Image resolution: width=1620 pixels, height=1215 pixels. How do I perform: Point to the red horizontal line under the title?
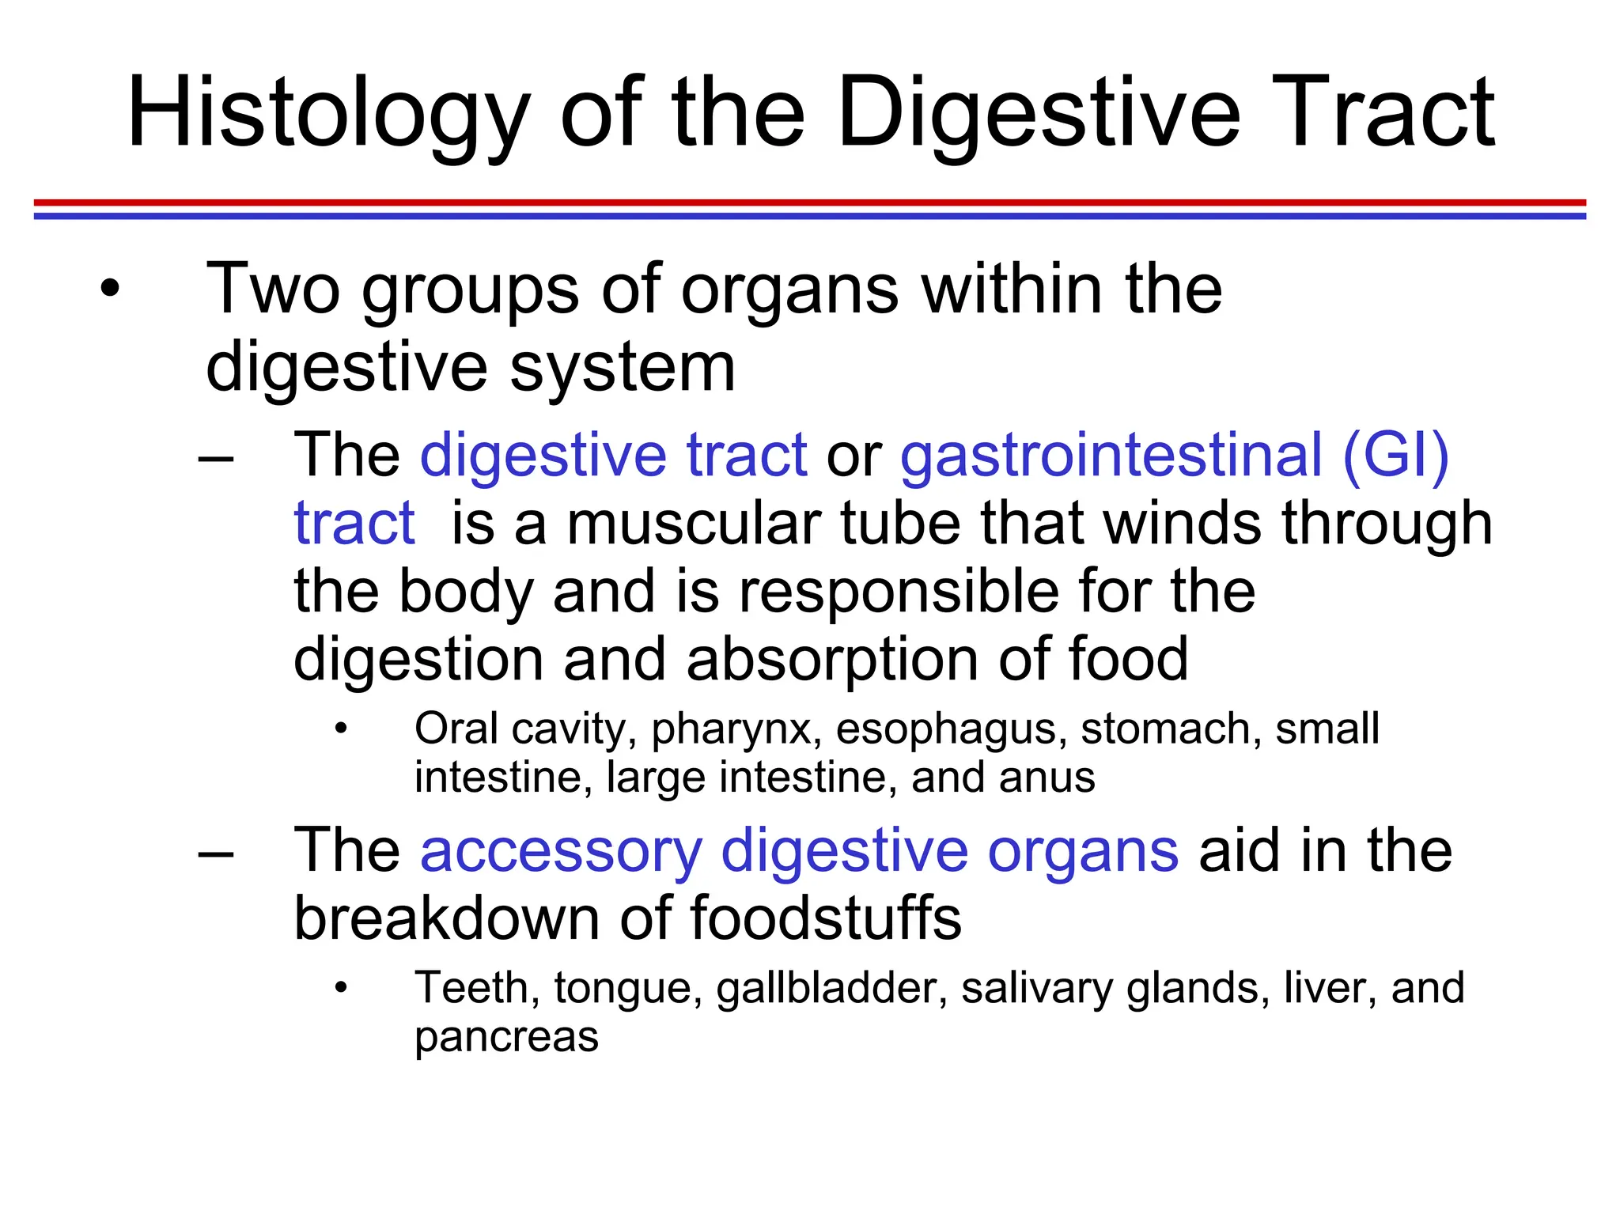pos(810,202)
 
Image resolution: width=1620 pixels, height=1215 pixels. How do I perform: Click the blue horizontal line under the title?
pos(810,216)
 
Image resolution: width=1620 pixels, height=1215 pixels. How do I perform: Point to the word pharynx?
pos(732,729)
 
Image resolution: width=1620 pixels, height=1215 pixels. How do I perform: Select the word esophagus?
pos(946,729)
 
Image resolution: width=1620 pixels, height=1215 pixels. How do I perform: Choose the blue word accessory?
pos(561,852)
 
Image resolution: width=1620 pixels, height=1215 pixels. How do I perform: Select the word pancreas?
pos(506,1038)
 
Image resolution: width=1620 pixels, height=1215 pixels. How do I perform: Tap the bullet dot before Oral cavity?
pos(341,729)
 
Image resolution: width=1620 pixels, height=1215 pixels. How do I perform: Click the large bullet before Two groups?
pos(110,289)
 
